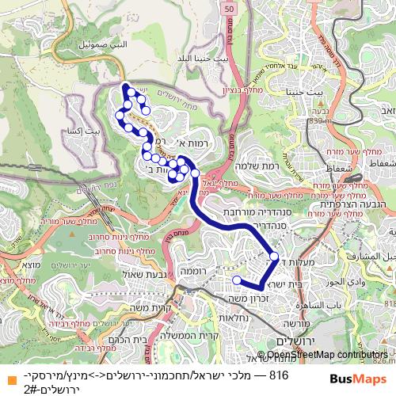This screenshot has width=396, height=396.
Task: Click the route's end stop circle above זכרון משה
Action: [x=236, y=280]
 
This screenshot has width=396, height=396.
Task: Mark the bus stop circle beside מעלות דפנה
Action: [x=274, y=257]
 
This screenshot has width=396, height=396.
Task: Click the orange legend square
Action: [x=6, y=375]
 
